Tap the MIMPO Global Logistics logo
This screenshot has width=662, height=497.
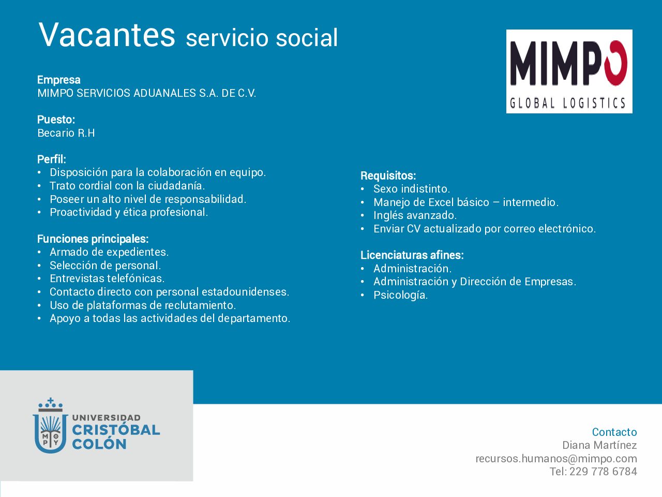coord(569,71)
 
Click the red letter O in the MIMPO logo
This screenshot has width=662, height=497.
coord(615,63)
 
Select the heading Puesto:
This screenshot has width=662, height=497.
coord(56,120)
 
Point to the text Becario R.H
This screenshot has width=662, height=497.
coord(66,133)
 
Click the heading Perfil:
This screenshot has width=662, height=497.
coord(52,159)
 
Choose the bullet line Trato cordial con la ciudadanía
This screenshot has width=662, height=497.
coord(127,185)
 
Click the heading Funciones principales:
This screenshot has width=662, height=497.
coord(93,239)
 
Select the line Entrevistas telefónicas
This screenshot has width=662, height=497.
coord(107,278)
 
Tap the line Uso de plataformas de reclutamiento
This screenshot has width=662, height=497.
coord(143,305)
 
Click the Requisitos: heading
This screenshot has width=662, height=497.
coord(388,176)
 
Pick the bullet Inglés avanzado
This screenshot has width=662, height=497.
coord(415,215)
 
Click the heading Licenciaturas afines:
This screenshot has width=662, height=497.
coord(412,255)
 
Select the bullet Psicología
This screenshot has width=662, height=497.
coord(400,295)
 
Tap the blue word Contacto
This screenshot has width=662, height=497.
coord(614,432)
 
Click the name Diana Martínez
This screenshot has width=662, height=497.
coord(599,445)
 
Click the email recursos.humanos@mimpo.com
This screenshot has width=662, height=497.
coord(556,459)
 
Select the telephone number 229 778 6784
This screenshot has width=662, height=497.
coord(603,472)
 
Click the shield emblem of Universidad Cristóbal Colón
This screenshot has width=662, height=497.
coord(50,426)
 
